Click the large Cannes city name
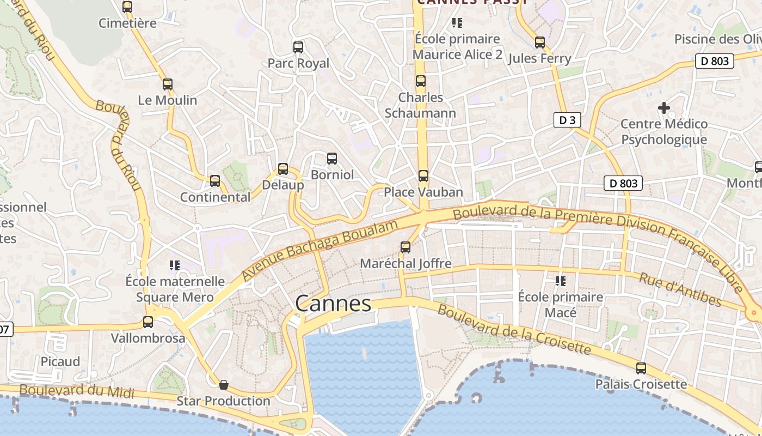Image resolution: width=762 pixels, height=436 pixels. tap(333, 304)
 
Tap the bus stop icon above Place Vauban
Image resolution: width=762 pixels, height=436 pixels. tap(423, 176)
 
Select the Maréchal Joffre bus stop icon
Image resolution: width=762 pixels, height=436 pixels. tap(405, 247)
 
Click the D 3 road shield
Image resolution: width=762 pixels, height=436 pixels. tap(567, 120)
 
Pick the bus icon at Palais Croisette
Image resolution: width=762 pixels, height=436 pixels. tap(641, 368)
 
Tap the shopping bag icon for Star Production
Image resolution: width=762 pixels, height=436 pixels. tap(223, 385)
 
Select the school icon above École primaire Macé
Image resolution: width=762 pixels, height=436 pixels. tap(561, 281)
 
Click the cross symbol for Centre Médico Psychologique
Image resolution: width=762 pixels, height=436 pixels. tap(664, 108)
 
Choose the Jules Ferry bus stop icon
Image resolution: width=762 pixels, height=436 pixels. tap(539, 43)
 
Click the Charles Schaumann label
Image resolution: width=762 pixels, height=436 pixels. tap(420, 105)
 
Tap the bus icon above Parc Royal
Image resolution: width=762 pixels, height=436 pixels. tap(298, 47)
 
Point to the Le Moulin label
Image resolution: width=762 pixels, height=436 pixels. tap(168, 100)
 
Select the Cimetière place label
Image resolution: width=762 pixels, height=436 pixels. tap(127, 23)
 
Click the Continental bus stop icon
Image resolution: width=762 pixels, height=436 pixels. tap(215, 181)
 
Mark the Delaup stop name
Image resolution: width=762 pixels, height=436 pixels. tap(283, 185)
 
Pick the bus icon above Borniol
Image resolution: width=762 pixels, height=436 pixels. tap(332, 159)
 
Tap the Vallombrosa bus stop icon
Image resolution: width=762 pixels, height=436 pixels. tap(148, 322)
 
